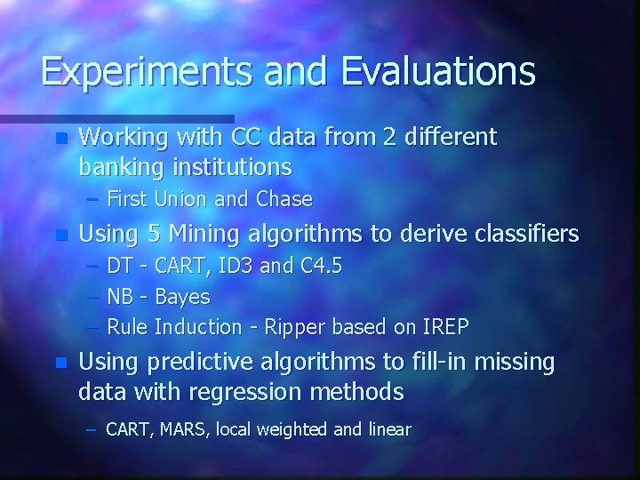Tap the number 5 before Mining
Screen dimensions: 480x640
153,235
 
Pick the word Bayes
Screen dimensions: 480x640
182,297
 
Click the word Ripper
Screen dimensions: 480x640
295,327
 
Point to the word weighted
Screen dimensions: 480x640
294,430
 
